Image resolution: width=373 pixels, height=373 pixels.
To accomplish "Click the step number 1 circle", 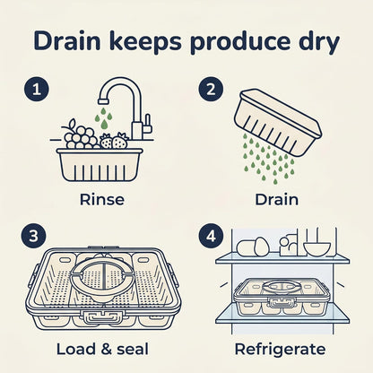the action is pyautogui.click(x=36, y=89).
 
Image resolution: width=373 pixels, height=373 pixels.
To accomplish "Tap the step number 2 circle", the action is pyautogui.click(x=211, y=89).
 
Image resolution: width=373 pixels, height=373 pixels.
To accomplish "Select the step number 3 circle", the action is pyautogui.click(x=33, y=236).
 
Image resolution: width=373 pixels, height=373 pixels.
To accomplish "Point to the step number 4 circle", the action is pyautogui.click(x=211, y=236).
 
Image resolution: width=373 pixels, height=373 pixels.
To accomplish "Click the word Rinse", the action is pyautogui.click(x=102, y=199).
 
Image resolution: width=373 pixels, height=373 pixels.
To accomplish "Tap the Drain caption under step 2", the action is pyautogui.click(x=276, y=199).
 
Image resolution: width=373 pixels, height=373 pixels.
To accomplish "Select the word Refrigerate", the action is pyautogui.click(x=280, y=350).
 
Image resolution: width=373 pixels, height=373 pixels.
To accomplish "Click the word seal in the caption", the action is pyautogui.click(x=133, y=349).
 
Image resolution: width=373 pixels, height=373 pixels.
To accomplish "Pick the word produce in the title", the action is pyautogui.click(x=240, y=42).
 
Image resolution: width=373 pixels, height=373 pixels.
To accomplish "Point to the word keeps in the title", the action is pyautogui.click(x=145, y=42).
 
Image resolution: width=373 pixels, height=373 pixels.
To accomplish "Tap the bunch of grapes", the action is pyautogui.click(x=79, y=135).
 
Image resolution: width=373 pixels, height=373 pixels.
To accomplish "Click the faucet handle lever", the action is pyautogui.click(x=148, y=126).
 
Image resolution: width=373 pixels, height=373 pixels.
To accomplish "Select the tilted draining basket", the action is pyautogui.click(x=278, y=123).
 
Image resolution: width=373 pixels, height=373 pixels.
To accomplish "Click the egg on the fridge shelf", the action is pyautogui.click(x=261, y=247).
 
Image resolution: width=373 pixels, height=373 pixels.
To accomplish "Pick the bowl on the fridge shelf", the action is pyautogui.click(x=317, y=249).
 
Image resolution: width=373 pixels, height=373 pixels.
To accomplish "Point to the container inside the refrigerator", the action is pyautogui.click(x=282, y=299).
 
